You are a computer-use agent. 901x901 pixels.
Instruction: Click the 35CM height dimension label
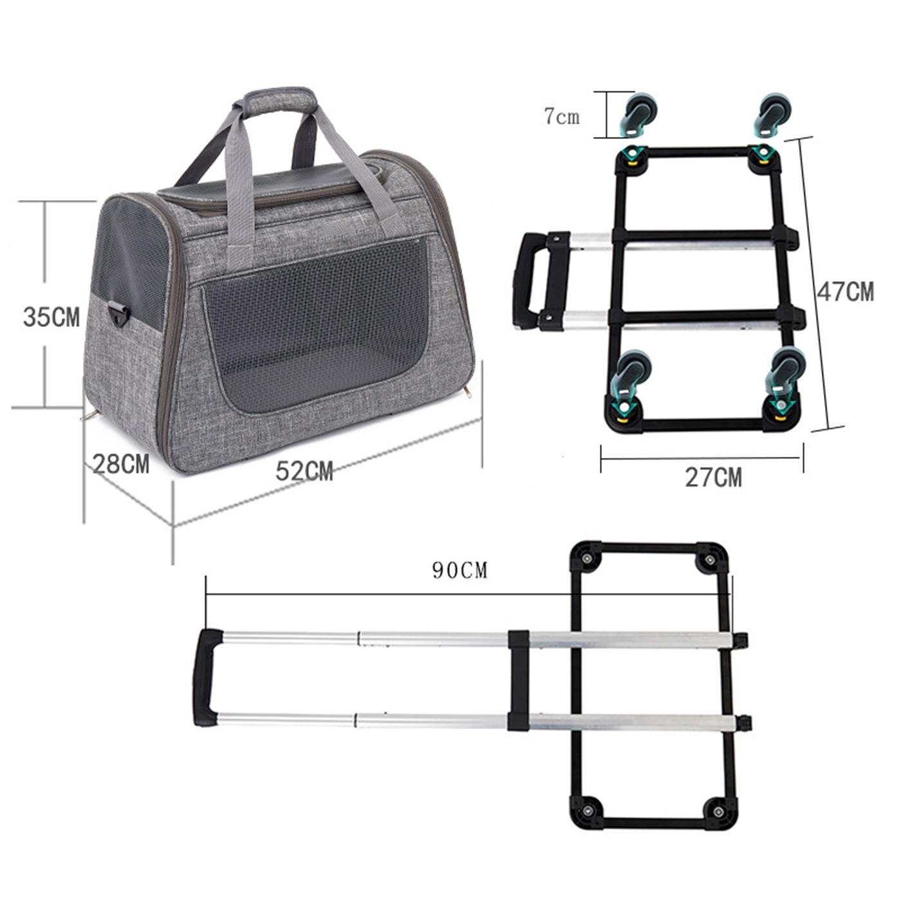point(51,317)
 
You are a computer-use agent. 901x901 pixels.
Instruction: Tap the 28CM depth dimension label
point(121,464)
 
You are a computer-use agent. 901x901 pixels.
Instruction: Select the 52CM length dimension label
point(304,472)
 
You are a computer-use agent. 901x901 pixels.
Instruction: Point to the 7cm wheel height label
point(561,116)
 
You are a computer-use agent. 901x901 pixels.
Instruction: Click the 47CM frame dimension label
point(846,292)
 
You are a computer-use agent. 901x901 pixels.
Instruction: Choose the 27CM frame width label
point(713,478)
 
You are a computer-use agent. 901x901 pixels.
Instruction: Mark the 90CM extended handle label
point(460,570)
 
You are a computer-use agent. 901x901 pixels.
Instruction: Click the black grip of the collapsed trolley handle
point(528,281)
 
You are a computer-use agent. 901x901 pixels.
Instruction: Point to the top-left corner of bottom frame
point(586,557)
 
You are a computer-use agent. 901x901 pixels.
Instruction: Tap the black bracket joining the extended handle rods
point(519,680)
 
